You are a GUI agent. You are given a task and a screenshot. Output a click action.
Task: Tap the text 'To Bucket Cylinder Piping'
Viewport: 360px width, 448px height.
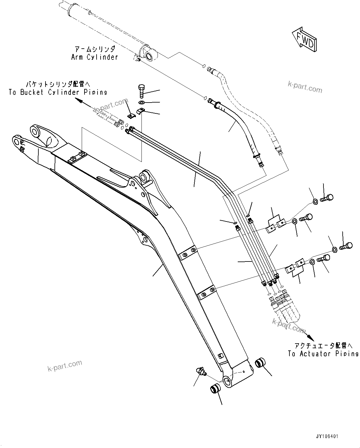coord(58,92)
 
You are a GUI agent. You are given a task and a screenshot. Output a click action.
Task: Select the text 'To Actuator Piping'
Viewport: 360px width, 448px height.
coord(323,354)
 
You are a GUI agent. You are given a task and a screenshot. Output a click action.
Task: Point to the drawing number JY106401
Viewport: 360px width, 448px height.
coord(327,436)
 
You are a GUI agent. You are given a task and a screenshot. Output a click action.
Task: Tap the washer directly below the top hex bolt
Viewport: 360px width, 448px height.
coord(141,102)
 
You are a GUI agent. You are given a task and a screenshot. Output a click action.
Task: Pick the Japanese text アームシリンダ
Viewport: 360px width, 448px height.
coord(94,49)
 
